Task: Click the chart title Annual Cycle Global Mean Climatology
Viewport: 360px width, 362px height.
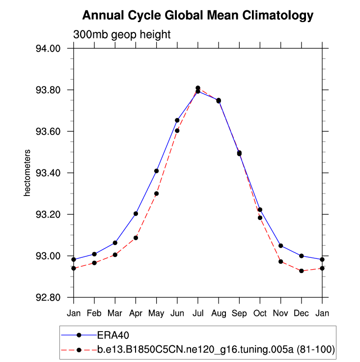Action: pyautogui.click(x=197, y=16)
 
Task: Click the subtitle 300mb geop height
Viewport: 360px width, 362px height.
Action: pyautogui.click(x=122, y=35)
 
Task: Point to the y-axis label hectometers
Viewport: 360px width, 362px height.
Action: pyautogui.click(x=28, y=173)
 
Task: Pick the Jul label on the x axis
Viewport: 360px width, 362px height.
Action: pyautogui.click(x=198, y=313)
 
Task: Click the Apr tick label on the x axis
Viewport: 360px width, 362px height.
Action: pyautogui.click(x=136, y=313)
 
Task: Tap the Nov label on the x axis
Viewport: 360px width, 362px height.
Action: pyautogui.click(x=280, y=313)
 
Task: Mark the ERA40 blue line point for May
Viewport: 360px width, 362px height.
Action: pyautogui.click(x=157, y=171)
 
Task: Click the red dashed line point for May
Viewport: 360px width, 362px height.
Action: pyautogui.click(x=157, y=194)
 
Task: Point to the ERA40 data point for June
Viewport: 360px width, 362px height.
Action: pyautogui.click(x=177, y=120)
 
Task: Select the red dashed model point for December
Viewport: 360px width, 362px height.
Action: pyautogui.click(x=302, y=271)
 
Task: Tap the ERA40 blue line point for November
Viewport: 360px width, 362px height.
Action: pyautogui.click(x=280, y=246)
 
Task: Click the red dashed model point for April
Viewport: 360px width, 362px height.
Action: pyautogui.click(x=136, y=238)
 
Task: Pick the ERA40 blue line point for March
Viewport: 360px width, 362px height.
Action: pyautogui.click(x=115, y=243)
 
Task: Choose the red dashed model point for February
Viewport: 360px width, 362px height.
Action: pyautogui.click(x=94, y=263)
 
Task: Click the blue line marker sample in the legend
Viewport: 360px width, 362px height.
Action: pyautogui.click(x=79, y=334)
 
